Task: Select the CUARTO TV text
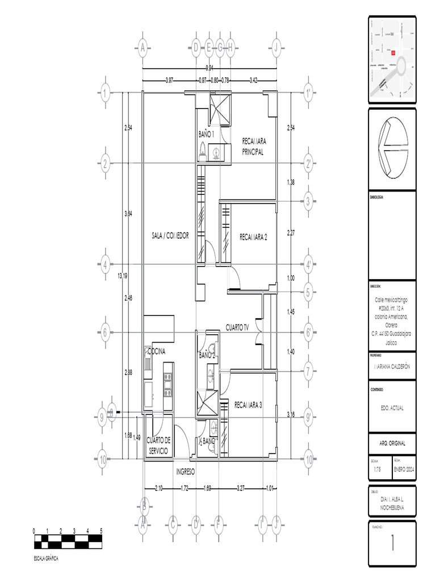[238, 328]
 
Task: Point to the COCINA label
[156, 352]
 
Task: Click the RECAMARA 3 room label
[248, 405]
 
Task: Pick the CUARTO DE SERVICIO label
[158, 445]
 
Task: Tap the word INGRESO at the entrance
[186, 472]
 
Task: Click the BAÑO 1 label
[206, 134]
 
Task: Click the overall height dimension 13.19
[122, 276]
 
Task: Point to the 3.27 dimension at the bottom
[241, 488]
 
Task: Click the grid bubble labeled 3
[308, 201]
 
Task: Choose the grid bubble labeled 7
[308, 372]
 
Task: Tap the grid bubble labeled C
[173, 524]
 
